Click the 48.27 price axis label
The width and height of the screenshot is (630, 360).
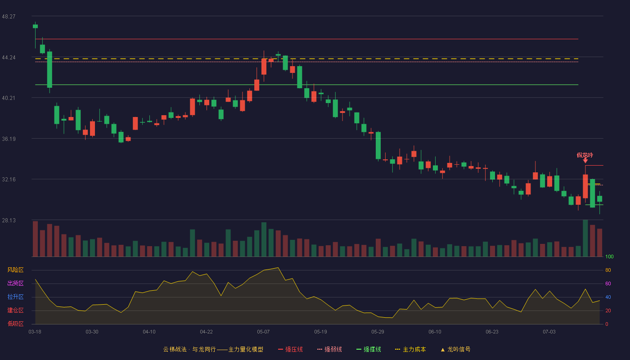[x=9, y=17]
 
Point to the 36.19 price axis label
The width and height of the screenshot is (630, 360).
[x=9, y=139]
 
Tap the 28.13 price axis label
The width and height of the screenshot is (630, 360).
[x=9, y=220]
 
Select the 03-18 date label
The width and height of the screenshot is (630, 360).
[x=35, y=332]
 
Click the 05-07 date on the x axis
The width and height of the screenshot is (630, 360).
[x=263, y=332]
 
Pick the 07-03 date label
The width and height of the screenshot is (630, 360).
[x=549, y=332]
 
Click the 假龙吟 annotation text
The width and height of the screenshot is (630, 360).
[x=585, y=155]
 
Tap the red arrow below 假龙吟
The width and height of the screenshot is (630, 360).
[x=585, y=161]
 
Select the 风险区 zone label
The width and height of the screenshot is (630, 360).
[x=15, y=270]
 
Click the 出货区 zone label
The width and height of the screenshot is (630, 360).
[x=15, y=283]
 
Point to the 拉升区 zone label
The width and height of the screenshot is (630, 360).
[x=15, y=297]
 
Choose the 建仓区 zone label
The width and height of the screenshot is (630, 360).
[x=15, y=310]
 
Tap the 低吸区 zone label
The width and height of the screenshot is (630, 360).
[x=15, y=324]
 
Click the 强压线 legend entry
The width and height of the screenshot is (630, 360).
[x=290, y=349]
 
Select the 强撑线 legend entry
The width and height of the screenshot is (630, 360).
[x=369, y=349]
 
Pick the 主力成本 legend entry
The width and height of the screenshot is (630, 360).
[x=410, y=349]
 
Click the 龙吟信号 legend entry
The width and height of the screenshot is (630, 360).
[x=455, y=349]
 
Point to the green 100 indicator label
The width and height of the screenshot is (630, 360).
[x=609, y=256]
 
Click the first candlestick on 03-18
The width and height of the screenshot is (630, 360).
[x=35, y=27]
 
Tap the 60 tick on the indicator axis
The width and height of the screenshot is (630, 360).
[x=608, y=283]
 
